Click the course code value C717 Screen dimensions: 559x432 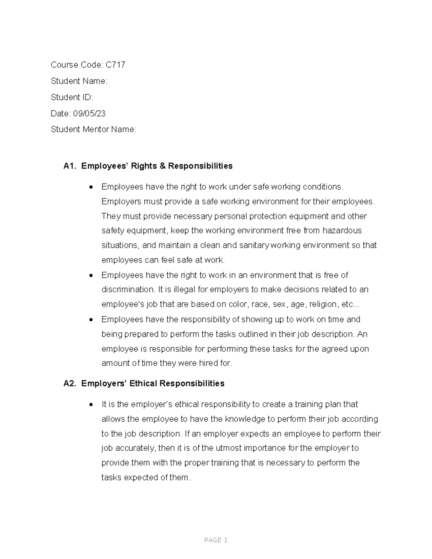coord(115,65)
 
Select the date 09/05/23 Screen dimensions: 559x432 coord(89,114)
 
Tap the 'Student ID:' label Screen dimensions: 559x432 coord(72,98)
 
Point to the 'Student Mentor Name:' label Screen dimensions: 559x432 coord(94,130)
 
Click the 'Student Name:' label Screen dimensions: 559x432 coord(79,81)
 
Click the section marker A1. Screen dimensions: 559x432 coord(70,166)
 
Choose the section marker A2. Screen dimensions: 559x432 coord(70,384)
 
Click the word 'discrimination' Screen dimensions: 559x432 coord(127,290)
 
